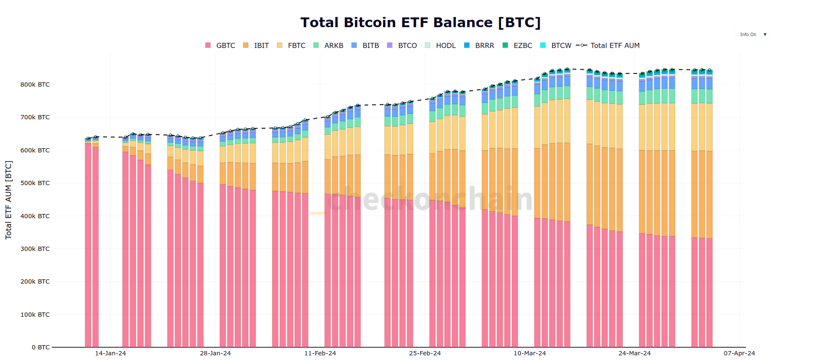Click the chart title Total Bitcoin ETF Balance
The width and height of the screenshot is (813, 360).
(420, 22)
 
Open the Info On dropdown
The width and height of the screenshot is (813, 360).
(752, 35)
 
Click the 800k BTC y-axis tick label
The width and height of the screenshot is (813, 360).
(35, 84)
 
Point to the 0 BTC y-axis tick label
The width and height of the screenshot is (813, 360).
(41, 347)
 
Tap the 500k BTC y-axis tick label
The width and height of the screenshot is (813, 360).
(35, 183)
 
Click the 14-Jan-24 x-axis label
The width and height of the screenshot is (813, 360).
(110, 353)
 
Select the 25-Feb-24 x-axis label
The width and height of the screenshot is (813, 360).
(425, 353)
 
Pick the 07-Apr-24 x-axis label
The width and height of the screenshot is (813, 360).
(739, 353)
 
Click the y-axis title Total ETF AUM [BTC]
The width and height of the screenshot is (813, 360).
(8, 200)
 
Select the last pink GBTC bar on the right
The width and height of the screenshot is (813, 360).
(709, 293)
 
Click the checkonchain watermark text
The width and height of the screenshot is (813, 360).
(429, 199)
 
